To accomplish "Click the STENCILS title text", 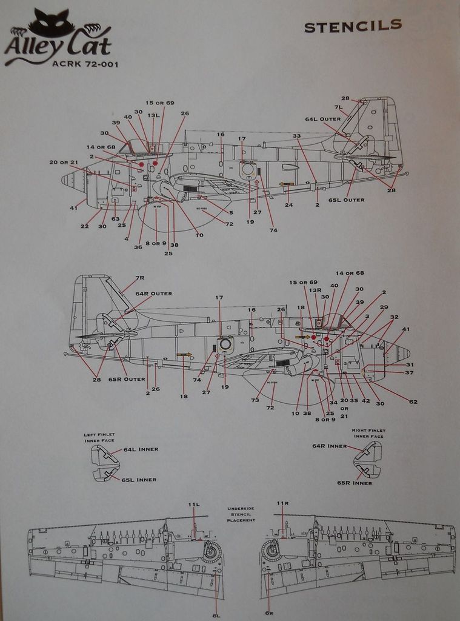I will [352, 26].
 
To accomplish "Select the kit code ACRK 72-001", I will [85, 63].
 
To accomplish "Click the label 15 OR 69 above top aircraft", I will [159, 102].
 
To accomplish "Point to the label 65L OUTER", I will [346, 200].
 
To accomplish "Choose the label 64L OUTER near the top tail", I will [322, 119].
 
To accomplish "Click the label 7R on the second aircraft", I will [139, 278].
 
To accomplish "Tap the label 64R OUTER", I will [153, 294].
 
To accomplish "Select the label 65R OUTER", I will [127, 379].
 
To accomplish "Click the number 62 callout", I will [413, 401].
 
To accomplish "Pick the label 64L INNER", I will [141, 449].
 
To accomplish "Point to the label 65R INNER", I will [355, 483].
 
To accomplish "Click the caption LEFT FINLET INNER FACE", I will [99, 437].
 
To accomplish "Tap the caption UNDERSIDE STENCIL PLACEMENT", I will [241, 514].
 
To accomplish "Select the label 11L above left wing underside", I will [193, 504].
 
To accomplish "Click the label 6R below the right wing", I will [269, 613].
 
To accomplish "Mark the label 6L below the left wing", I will [216, 615].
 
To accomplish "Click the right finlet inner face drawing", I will [368, 459].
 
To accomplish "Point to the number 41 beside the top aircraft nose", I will [73, 207].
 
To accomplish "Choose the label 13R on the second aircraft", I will [315, 290].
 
